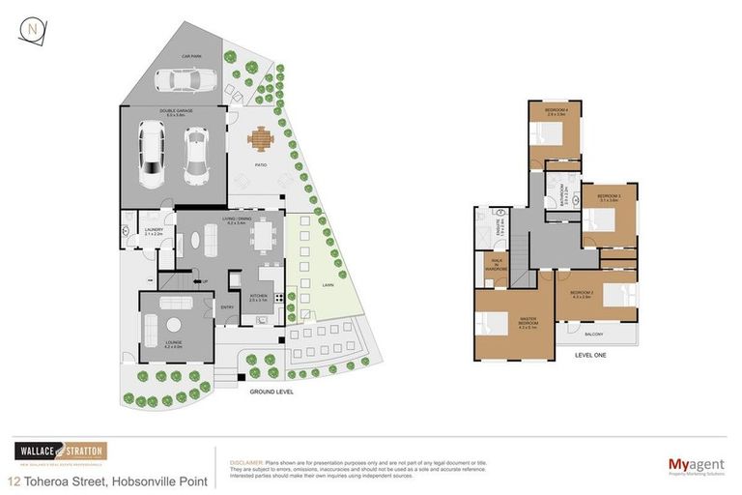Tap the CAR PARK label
(190, 56)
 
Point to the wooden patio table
(260, 141)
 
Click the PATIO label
(260, 165)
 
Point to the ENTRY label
(228, 307)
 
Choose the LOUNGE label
(175, 345)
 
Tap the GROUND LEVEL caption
(271, 392)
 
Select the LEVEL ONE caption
(591, 355)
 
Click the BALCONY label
(595, 335)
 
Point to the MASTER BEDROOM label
(527, 326)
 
